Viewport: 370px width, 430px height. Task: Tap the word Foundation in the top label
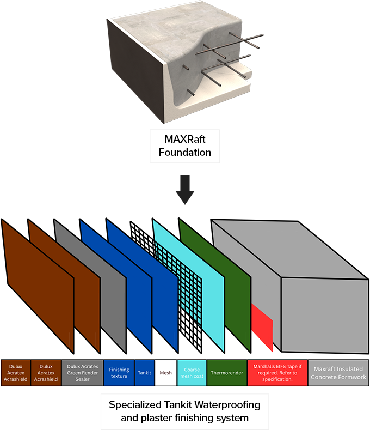[185, 152]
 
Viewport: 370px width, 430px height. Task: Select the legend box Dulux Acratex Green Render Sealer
[82, 373]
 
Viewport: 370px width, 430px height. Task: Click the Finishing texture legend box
[119, 373]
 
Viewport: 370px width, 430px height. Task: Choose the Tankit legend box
[145, 373]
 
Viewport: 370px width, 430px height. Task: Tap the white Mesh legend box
[165, 373]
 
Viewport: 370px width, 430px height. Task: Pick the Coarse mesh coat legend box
[192, 373]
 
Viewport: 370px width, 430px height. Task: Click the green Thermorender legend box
[226, 373]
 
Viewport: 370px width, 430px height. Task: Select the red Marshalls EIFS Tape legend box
[277, 373]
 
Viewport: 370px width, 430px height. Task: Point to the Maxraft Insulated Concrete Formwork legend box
[338, 373]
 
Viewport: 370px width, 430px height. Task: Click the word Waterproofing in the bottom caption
[231, 405]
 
